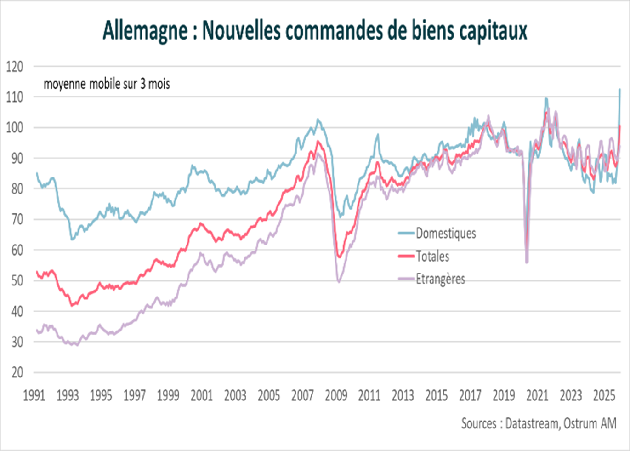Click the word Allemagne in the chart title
tap(145, 30)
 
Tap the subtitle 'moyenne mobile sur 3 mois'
tap(107, 84)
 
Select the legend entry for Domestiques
tap(445, 233)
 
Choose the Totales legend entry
tap(432, 256)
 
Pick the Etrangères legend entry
tap(440, 279)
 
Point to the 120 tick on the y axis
tap(15, 67)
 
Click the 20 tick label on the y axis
tap(17, 372)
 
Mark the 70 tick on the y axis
tap(17, 219)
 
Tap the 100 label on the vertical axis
tap(15, 127)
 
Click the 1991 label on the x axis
tap(34, 395)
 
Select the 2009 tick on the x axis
tap(336, 395)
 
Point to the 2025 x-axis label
tap(604, 395)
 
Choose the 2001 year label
tap(202, 395)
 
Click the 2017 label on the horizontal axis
tap(470, 395)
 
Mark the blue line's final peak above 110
tap(619, 89)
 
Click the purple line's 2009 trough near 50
tap(339, 281)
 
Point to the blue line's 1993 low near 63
tap(72, 239)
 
